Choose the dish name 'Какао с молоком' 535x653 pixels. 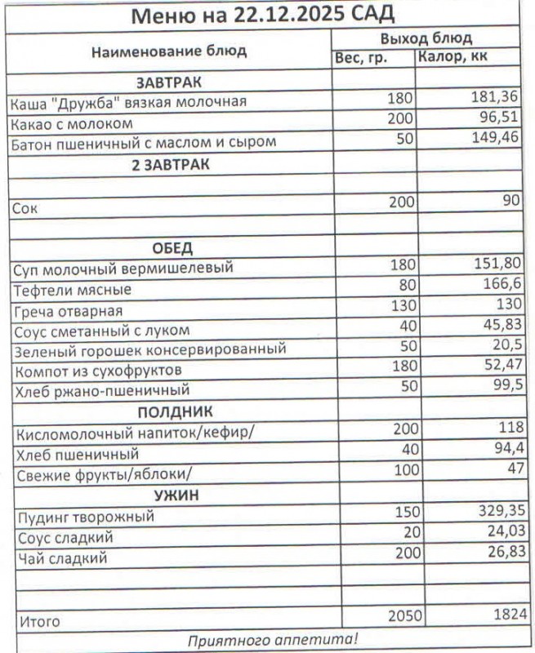[x=72, y=123]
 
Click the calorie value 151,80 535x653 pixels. [x=497, y=265]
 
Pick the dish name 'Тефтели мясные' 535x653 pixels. [x=73, y=290]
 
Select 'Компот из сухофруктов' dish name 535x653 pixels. [x=97, y=371]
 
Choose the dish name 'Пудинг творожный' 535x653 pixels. [x=84, y=517]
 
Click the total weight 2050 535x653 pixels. [x=400, y=617]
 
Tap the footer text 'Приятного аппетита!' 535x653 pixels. [x=272, y=639]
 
